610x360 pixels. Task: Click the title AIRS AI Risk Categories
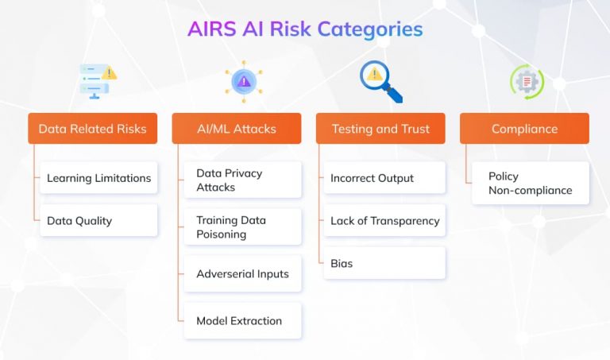[305, 29]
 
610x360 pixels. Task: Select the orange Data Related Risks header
[92, 129]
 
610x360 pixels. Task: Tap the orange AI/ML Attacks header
[236, 129]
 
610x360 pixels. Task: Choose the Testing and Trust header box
[380, 129]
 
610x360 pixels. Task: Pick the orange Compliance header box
[524, 129]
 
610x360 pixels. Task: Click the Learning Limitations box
[98, 178]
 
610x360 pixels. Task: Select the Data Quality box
[98, 221]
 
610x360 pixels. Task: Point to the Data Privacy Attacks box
[242, 180]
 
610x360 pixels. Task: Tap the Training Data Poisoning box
[242, 227]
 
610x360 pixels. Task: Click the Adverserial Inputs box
[242, 274]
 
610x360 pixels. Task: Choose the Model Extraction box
[242, 321]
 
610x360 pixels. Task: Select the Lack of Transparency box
[384, 221]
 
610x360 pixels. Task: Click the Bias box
[384, 263]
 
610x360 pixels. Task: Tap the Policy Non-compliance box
[530, 184]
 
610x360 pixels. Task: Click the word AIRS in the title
[210, 29]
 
